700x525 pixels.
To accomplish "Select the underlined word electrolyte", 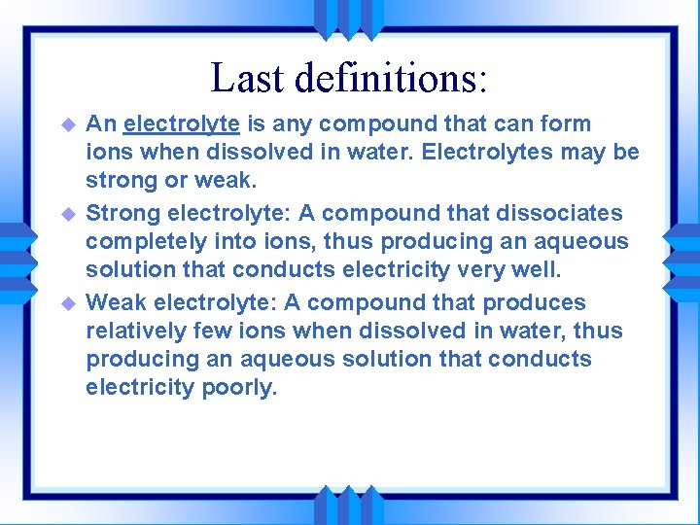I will point(182,124).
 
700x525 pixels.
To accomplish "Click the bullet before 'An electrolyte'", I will point(68,125).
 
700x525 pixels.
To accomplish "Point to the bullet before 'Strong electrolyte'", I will point(68,213).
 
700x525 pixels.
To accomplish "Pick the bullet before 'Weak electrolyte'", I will point(68,302).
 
